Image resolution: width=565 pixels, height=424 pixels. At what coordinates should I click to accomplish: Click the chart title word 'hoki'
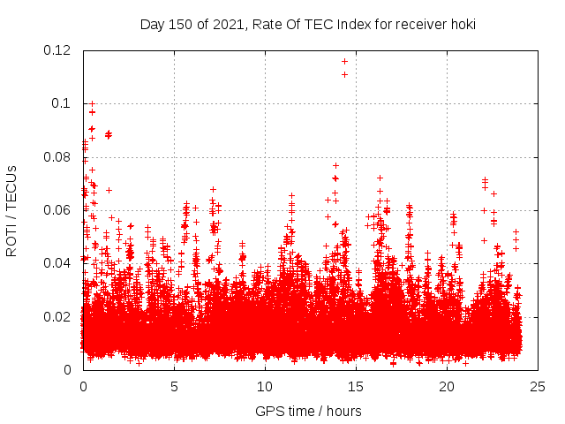[462, 24]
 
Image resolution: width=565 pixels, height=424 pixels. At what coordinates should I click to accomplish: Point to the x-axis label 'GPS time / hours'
[308, 411]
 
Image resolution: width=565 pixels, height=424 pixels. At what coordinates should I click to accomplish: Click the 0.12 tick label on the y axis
[59, 50]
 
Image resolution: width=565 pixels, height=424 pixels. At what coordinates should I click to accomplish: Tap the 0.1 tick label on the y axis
[63, 103]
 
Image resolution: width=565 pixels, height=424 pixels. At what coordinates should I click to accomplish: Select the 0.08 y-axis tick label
[59, 157]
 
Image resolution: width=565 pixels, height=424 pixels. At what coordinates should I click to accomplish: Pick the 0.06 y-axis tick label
[59, 210]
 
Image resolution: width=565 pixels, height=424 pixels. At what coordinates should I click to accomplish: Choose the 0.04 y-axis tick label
[59, 263]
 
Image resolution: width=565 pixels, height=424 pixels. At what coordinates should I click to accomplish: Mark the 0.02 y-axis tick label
[59, 316]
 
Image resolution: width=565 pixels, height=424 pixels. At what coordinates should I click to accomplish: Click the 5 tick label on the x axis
[174, 386]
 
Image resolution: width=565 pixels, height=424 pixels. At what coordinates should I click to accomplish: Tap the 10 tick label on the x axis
[265, 386]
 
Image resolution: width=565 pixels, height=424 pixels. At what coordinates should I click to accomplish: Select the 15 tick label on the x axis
[356, 386]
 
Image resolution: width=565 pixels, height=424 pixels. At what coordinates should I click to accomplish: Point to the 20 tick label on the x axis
[447, 386]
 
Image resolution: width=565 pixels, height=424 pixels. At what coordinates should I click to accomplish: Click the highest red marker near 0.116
[344, 61]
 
